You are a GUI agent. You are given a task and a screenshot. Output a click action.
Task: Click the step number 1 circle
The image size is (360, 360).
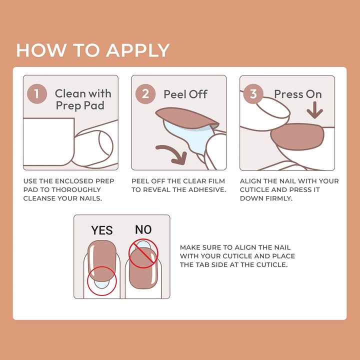37,94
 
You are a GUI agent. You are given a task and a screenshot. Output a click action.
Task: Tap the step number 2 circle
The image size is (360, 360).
145,94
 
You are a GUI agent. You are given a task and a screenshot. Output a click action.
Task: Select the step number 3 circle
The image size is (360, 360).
253,94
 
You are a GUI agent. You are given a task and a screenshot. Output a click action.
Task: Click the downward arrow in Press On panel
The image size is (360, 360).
314,110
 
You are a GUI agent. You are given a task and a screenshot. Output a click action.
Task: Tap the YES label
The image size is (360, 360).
102,230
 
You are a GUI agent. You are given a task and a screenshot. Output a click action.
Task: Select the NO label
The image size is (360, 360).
143,229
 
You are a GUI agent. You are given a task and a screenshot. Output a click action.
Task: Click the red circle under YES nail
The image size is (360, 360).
101,281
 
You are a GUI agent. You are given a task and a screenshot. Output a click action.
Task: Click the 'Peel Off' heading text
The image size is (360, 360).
185,94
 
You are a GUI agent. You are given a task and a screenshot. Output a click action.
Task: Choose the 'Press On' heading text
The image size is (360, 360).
298,94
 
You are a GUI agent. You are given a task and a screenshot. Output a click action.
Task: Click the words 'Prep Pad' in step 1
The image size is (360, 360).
80,105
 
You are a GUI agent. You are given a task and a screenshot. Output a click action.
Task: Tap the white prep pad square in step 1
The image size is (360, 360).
48,141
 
